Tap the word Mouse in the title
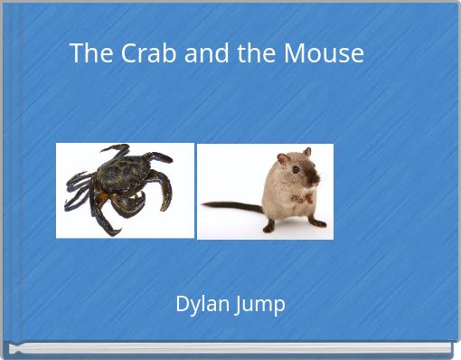click(x=324, y=54)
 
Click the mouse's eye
click(x=295, y=169)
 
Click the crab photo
click(x=125, y=190)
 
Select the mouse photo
click(x=265, y=191)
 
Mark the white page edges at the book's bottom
click(x=230, y=349)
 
